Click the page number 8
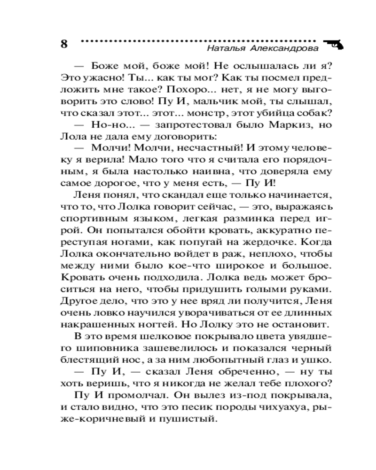[65, 45]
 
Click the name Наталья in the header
[226, 48]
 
